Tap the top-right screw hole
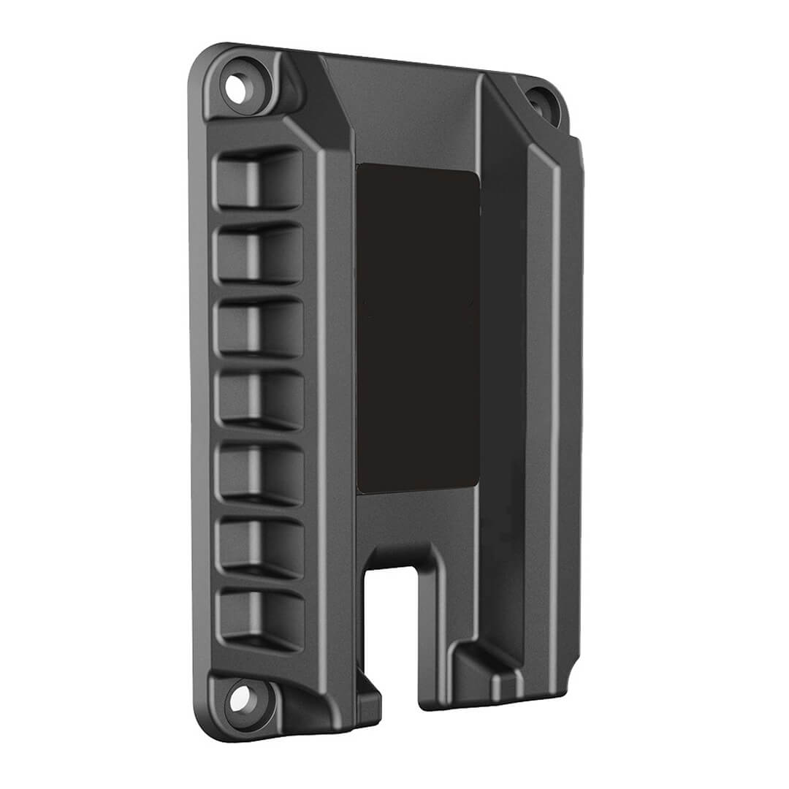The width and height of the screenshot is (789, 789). coord(541,100)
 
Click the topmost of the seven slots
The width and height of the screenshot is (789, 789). coord(259,180)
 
